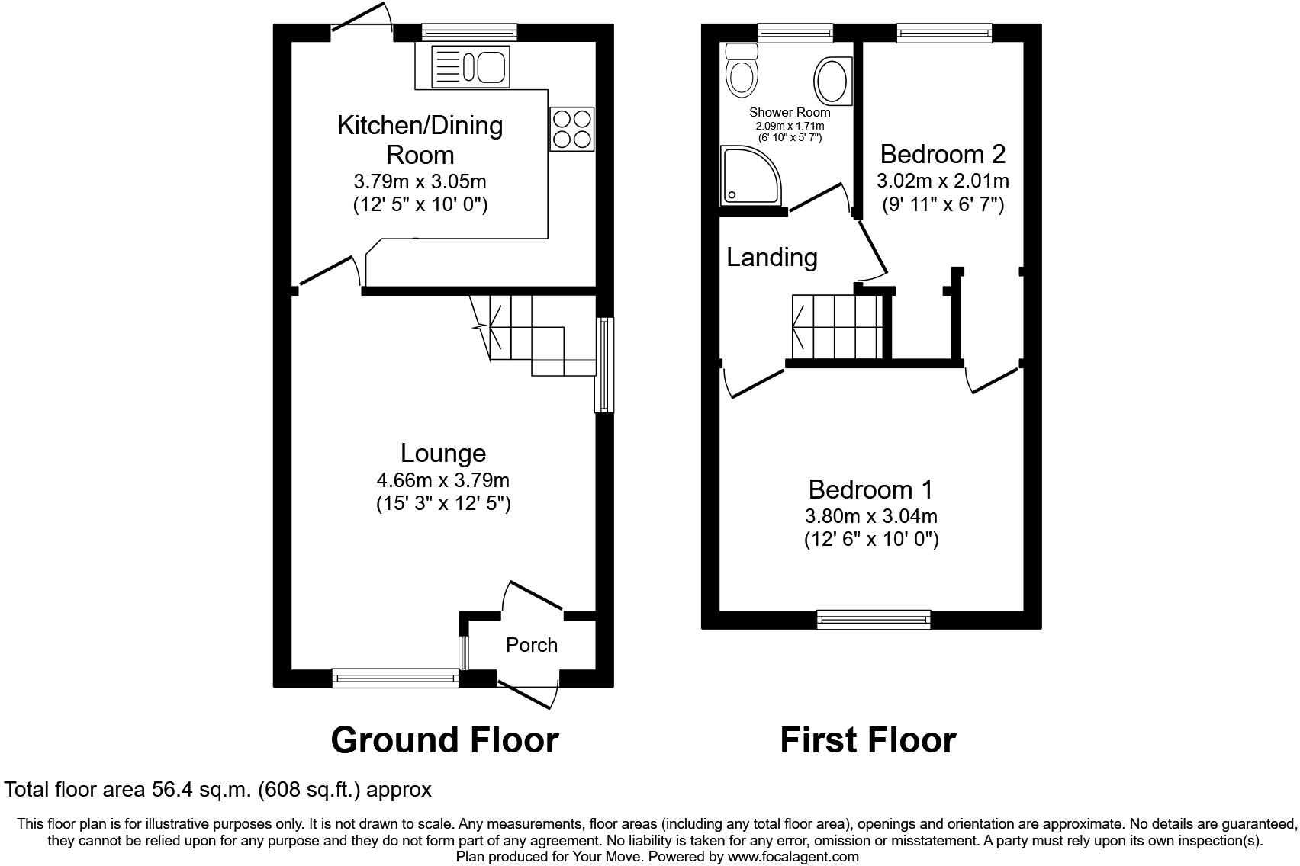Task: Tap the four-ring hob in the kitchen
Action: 571,129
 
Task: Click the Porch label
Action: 532,645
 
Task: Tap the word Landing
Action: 771,257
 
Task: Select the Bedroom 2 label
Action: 942,154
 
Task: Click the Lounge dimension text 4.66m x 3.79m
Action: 442,480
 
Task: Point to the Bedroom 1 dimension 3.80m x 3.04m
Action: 871,516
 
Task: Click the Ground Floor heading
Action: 445,740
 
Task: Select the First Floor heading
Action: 867,740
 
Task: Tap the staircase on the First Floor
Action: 837,326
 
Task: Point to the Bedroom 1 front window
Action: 874,619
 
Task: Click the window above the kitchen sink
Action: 468,32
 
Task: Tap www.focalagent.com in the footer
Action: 793,857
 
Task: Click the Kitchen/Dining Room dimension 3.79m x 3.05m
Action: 420,182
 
